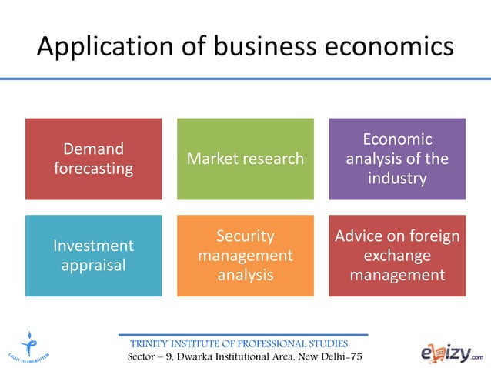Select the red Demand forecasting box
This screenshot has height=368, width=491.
tap(93, 159)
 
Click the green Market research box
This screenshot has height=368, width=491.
tap(245, 159)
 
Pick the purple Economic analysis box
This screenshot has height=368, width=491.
tap(397, 159)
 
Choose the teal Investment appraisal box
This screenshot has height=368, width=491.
tap(93, 256)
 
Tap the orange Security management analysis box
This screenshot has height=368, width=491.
tap(245, 256)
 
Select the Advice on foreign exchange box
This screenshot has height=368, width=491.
tap(397, 256)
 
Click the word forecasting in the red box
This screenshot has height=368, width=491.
tap(93, 168)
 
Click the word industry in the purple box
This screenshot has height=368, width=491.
tap(397, 179)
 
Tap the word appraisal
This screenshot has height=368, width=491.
tap(93, 265)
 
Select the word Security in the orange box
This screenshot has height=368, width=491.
tap(245, 236)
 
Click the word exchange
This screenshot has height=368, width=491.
tap(397, 255)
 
